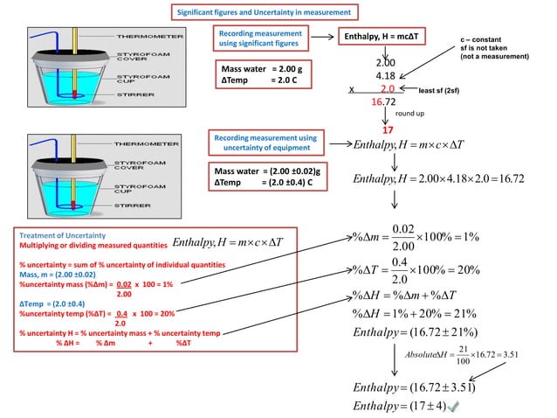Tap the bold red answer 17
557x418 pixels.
tap(389, 130)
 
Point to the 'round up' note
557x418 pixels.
tap(410, 114)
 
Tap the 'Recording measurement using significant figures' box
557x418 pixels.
tap(258, 38)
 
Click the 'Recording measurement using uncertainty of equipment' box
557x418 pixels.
tap(265, 143)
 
